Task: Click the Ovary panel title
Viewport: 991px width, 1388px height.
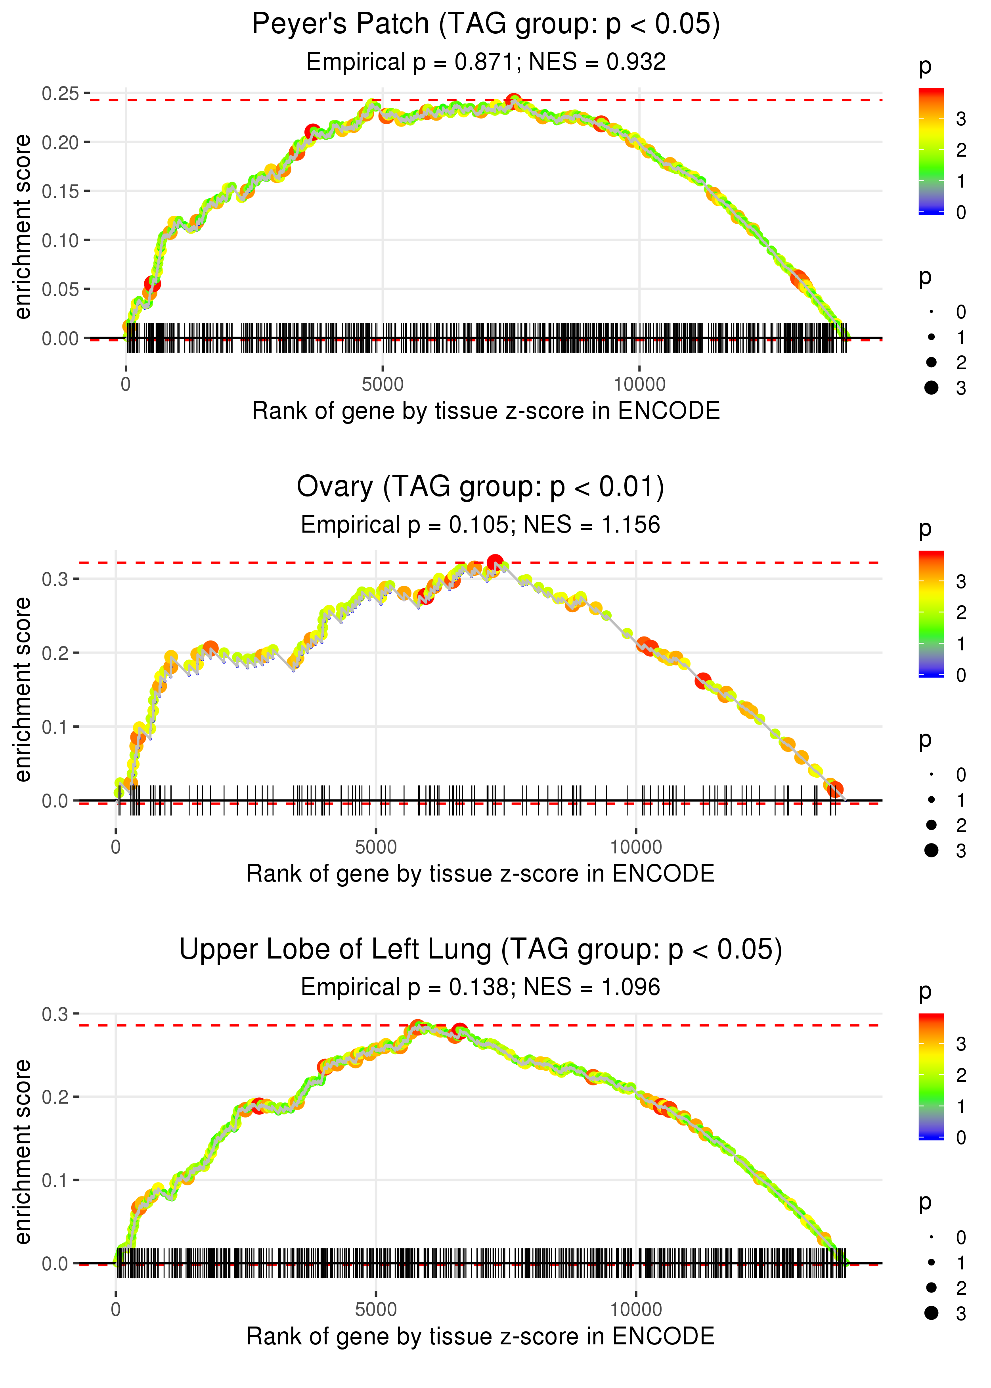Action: (x=480, y=487)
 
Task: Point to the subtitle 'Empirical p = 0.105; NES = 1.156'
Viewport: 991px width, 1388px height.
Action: (x=480, y=525)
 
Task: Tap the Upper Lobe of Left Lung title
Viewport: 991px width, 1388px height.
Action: (x=480, y=950)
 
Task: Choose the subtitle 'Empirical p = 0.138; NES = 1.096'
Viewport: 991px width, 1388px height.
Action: (x=480, y=987)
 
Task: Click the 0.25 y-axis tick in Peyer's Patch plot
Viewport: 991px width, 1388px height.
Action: (x=60, y=93)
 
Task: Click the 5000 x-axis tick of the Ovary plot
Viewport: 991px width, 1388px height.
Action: (x=376, y=847)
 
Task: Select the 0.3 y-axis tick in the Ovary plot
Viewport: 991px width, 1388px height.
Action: (x=55, y=579)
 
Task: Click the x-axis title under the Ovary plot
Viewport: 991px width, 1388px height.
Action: (x=480, y=874)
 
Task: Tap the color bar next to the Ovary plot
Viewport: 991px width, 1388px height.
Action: (x=931, y=613)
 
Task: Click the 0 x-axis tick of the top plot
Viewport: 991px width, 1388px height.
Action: (x=126, y=385)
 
